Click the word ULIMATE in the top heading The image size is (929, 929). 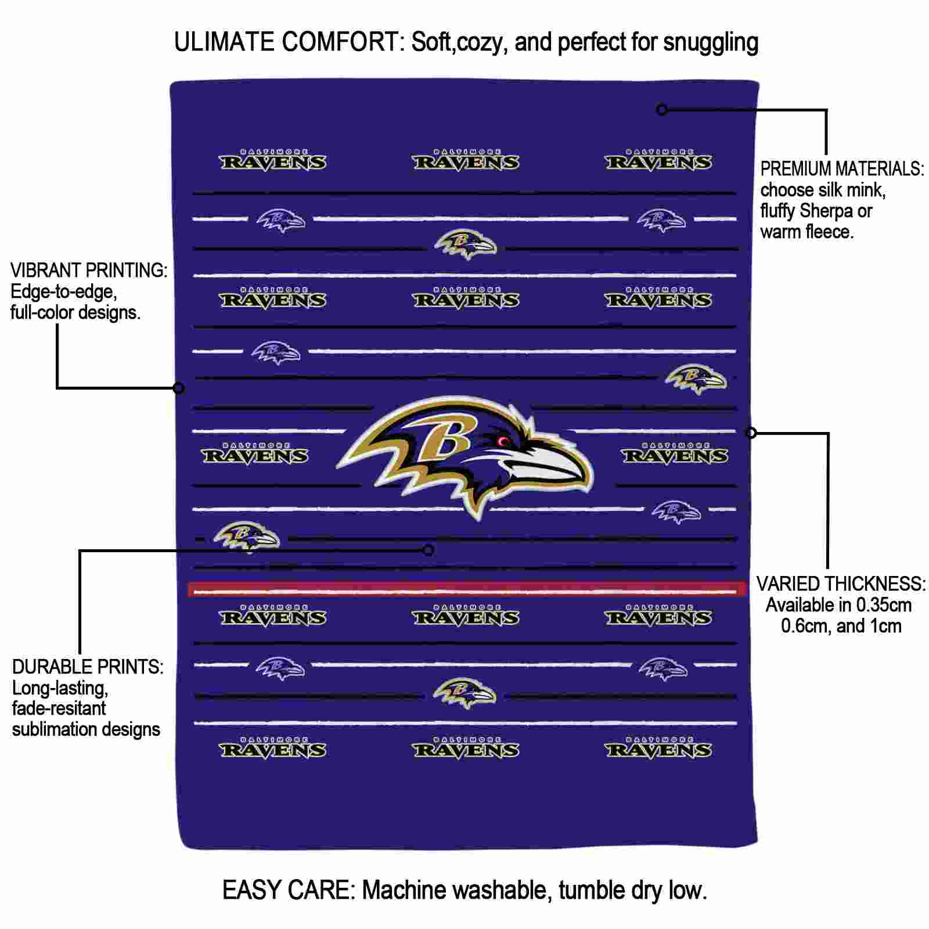click(224, 42)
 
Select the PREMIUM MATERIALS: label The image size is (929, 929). click(842, 169)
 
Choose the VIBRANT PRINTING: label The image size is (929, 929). click(89, 271)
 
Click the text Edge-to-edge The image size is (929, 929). click(64, 292)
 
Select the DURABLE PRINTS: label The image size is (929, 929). click(88, 667)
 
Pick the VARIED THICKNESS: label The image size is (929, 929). click(841, 584)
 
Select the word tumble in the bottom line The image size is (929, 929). click(592, 890)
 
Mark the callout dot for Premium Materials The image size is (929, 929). click(661, 109)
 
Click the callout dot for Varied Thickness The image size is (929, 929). click(751, 433)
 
